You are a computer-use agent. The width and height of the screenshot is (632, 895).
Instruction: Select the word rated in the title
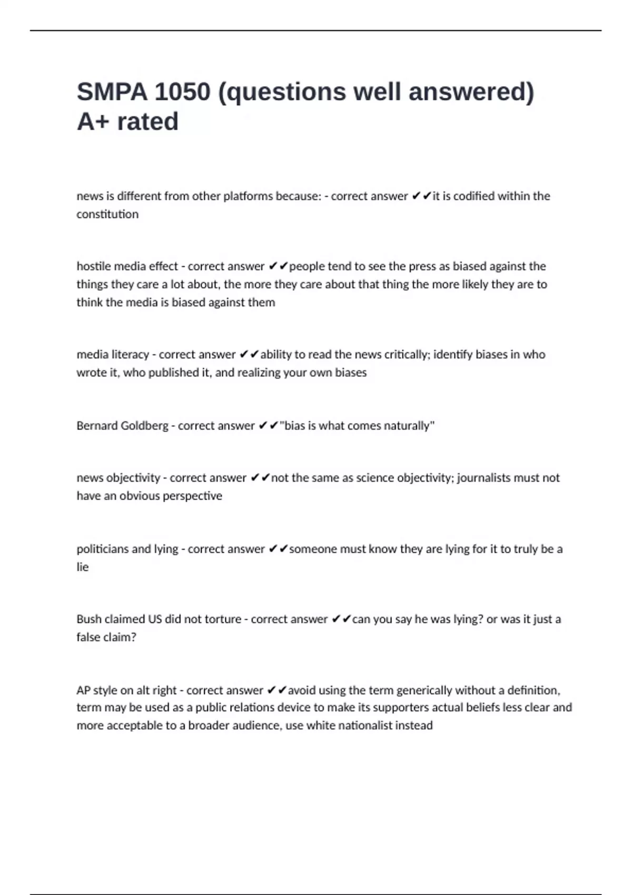tap(147, 122)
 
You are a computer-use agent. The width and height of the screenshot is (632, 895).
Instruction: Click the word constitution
tap(107, 214)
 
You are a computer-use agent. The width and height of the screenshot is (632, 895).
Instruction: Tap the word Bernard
tap(96, 425)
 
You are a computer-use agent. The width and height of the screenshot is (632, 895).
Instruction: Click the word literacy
tap(130, 354)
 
